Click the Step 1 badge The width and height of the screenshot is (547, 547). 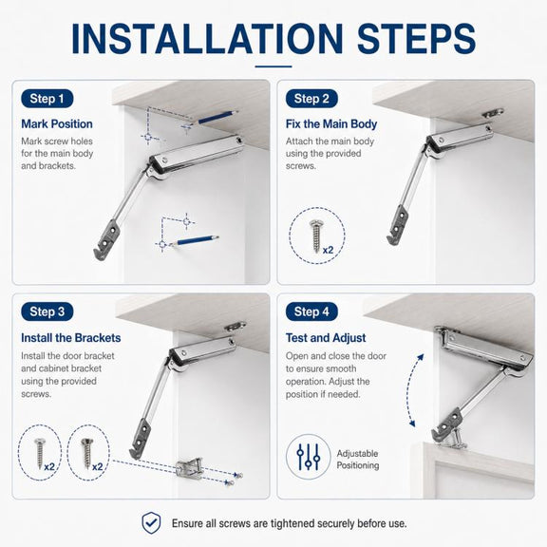click(x=47, y=99)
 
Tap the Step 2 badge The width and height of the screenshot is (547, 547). click(x=311, y=99)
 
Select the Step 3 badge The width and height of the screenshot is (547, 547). click(x=47, y=311)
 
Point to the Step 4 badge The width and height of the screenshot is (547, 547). click(x=311, y=311)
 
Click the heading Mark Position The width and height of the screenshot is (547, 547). click(x=57, y=124)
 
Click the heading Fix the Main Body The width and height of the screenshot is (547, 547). click(x=331, y=124)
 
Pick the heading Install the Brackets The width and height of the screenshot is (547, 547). click(x=71, y=338)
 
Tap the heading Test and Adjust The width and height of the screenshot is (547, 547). click(x=326, y=338)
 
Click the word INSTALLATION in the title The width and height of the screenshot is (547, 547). click(x=207, y=38)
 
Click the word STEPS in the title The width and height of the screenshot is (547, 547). click(x=417, y=38)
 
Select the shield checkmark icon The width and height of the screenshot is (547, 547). click(x=151, y=523)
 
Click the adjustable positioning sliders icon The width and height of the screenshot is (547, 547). click(x=309, y=457)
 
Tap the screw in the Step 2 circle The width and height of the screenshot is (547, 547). click(x=315, y=236)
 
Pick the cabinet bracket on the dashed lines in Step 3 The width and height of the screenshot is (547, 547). click(x=189, y=468)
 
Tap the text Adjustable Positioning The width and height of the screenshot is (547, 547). click(x=358, y=460)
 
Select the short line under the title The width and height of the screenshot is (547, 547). click(x=273, y=66)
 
